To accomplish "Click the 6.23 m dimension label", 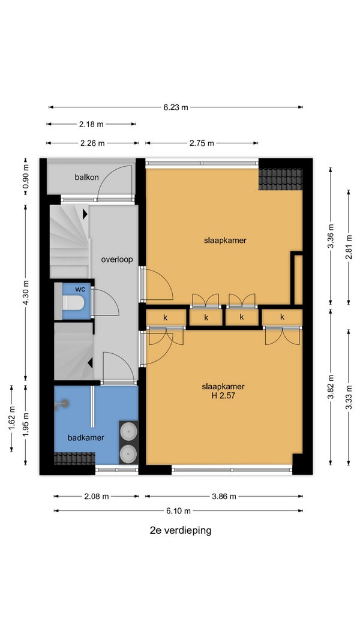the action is pyautogui.click(x=176, y=107).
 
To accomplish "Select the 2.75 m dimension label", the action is pyautogui.click(x=202, y=143).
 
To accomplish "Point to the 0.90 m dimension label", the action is pyautogui.click(x=26, y=176).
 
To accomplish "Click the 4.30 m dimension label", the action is pyautogui.click(x=26, y=292).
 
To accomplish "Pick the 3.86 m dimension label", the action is pyautogui.click(x=224, y=496).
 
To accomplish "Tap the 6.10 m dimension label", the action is pyautogui.click(x=178, y=510).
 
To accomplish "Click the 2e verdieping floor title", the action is pyautogui.click(x=181, y=531).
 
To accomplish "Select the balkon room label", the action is pyautogui.click(x=86, y=177).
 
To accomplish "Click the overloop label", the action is pyautogui.click(x=117, y=259).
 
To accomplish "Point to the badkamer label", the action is pyautogui.click(x=86, y=437).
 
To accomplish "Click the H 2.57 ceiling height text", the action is pyautogui.click(x=223, y=395).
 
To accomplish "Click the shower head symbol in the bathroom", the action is pyautogui.click(x=62, y=404).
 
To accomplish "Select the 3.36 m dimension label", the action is pyautogui.click(x=331, y=236).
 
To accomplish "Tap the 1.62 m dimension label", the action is pyautogui.click(x=11, y=417).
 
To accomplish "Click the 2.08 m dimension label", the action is pyautogui.click(x=97, y=496).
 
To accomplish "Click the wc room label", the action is pyautogui.click(x=80, y=289).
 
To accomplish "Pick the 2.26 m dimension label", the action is pyautogui.click(x=92, y=143).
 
